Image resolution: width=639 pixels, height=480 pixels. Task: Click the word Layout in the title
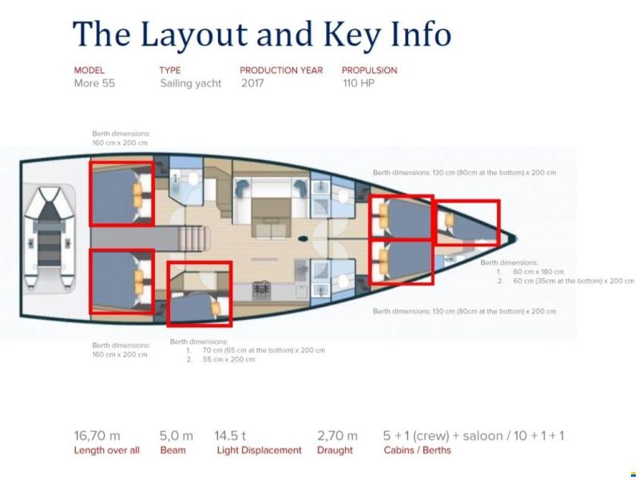point(193,34)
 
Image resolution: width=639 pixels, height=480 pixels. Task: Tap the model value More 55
point(94,83)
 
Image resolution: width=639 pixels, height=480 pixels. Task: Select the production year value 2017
point(252,83)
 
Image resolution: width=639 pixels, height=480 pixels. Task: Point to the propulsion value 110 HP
point(359,83)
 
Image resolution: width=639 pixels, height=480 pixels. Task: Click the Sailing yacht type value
point(191,83)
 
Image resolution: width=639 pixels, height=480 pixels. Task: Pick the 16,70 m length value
point(97,436)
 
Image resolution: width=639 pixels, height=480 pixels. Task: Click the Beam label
point(173,450)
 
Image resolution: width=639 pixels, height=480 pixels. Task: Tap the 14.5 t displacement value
point(230,436)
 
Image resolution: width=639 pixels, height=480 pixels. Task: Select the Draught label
point(335,450)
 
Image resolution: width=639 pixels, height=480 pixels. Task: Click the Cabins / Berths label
point(417,450)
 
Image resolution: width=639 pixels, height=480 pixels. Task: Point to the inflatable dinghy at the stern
point(49,238)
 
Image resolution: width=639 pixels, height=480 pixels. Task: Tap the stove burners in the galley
point(261,289)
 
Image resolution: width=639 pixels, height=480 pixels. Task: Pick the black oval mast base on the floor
point(304,238)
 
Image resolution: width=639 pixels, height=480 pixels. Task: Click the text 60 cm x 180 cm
point(538,272)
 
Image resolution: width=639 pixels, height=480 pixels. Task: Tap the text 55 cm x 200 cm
point(228,359)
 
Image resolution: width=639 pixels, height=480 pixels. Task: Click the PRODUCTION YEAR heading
point(281,70)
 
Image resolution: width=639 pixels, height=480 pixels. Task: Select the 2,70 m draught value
point(337,436)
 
